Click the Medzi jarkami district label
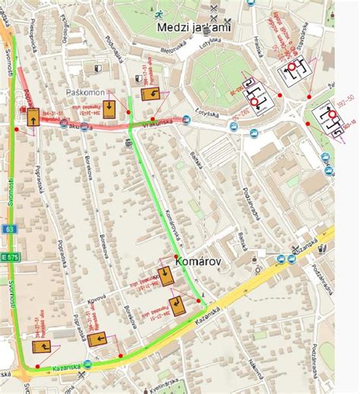pos(194,28)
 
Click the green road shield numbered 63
pos(8,228)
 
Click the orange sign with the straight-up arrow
pos(33,118)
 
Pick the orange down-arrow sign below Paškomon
pos(110,108)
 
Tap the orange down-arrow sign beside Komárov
pos(165,276)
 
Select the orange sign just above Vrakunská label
pos(150,95)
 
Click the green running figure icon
pos(157,14)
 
